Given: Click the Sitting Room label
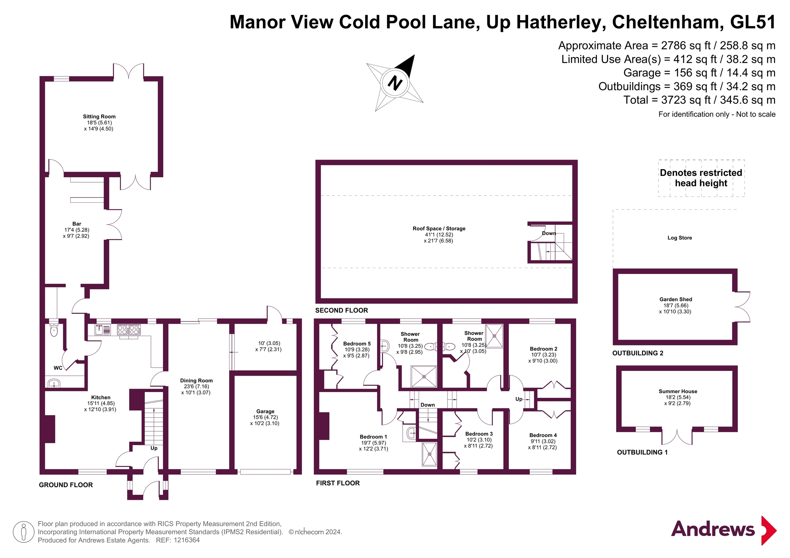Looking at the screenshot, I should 99,117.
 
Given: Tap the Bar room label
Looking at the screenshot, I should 76,224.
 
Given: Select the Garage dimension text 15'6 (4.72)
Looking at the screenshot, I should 265,417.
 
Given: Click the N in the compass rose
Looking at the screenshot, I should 395,82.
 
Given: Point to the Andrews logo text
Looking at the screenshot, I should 713,529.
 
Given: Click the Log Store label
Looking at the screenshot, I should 679,238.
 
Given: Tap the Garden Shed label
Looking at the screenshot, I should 675,299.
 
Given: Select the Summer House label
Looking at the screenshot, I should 678,391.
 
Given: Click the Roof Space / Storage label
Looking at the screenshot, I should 439,229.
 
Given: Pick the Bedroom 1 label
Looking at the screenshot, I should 373,437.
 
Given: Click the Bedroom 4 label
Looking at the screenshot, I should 543,435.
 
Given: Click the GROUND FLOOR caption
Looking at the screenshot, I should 66,485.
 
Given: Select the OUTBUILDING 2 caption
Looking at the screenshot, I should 638,353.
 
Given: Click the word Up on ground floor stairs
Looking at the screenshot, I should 154,448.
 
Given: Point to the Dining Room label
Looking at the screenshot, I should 196,380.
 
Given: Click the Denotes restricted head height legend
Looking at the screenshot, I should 701,178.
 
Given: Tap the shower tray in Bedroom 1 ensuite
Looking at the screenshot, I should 429,454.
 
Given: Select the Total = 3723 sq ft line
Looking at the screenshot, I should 699,100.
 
